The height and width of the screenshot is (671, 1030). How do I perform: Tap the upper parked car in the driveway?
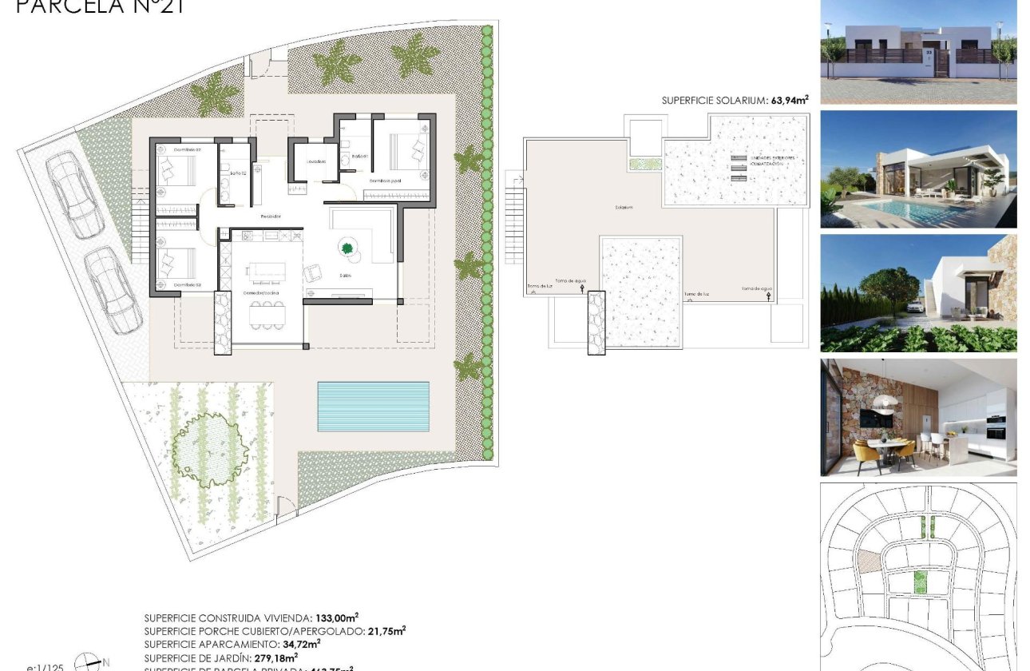71,195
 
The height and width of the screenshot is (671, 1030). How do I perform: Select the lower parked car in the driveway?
113,289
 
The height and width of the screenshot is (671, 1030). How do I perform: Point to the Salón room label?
345,276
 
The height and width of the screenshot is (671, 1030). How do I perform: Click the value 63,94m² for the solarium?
788,100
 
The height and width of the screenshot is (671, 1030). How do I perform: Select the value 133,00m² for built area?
334,617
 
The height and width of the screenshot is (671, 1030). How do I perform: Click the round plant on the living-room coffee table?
347,248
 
